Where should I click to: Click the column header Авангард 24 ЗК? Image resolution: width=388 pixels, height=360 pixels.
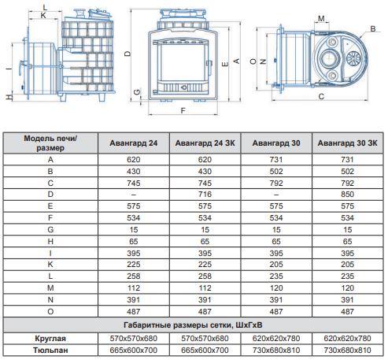205,143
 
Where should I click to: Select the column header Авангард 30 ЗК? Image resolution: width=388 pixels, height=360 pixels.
347,143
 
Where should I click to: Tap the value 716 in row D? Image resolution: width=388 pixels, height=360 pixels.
205,195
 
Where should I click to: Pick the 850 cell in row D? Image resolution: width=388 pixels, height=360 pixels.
347,195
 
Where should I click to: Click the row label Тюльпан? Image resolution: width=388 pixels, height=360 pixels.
50,351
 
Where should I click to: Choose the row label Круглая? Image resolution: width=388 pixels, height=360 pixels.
50,339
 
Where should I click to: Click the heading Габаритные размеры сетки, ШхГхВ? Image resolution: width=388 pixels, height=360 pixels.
193,325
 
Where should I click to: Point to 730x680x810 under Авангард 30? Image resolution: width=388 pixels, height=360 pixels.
276,351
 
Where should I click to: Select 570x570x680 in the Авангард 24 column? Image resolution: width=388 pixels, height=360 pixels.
134,339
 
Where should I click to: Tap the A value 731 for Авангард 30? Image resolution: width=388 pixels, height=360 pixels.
276,159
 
